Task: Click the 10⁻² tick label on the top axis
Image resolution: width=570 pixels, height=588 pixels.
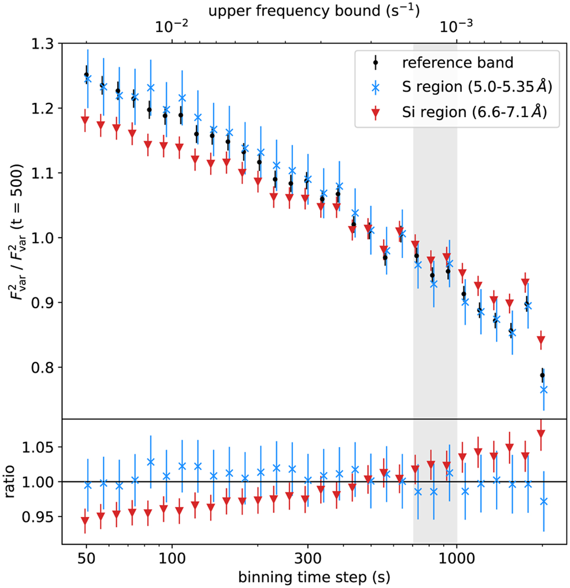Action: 171,27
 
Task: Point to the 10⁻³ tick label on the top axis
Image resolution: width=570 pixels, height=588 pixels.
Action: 456,27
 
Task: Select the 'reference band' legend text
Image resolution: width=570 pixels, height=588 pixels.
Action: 457,63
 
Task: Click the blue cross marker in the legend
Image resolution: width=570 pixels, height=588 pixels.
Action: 375,87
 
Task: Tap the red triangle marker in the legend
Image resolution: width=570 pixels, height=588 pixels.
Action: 375,113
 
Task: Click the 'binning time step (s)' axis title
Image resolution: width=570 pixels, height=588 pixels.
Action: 314,577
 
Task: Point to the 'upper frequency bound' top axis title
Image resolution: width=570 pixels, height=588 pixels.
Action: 314,10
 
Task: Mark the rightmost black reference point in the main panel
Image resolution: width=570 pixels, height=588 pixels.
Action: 542,375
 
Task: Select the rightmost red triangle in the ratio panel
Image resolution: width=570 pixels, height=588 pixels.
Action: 541,434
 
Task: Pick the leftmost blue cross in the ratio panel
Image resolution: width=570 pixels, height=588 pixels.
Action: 87,485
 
